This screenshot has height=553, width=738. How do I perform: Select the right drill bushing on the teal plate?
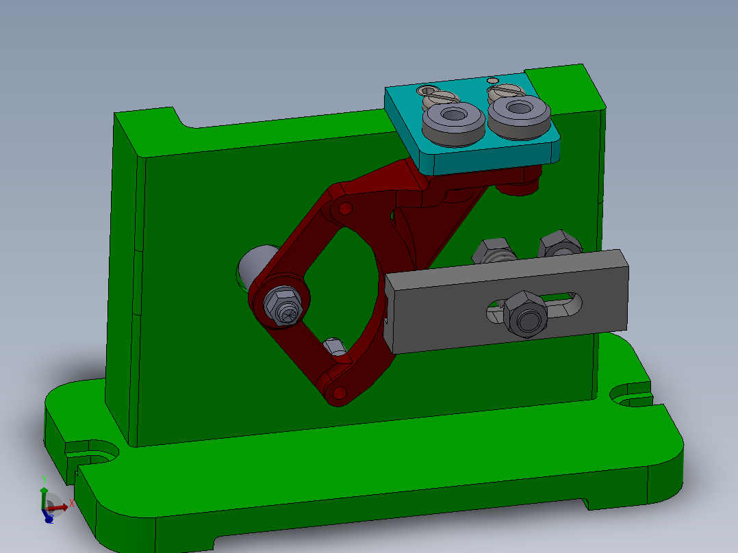tap(518, 114)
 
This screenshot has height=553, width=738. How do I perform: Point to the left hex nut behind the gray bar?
tap(494, 250)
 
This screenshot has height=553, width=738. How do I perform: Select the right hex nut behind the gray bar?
tap(560, 244)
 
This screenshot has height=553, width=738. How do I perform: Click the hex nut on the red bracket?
tap(283, 306)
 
